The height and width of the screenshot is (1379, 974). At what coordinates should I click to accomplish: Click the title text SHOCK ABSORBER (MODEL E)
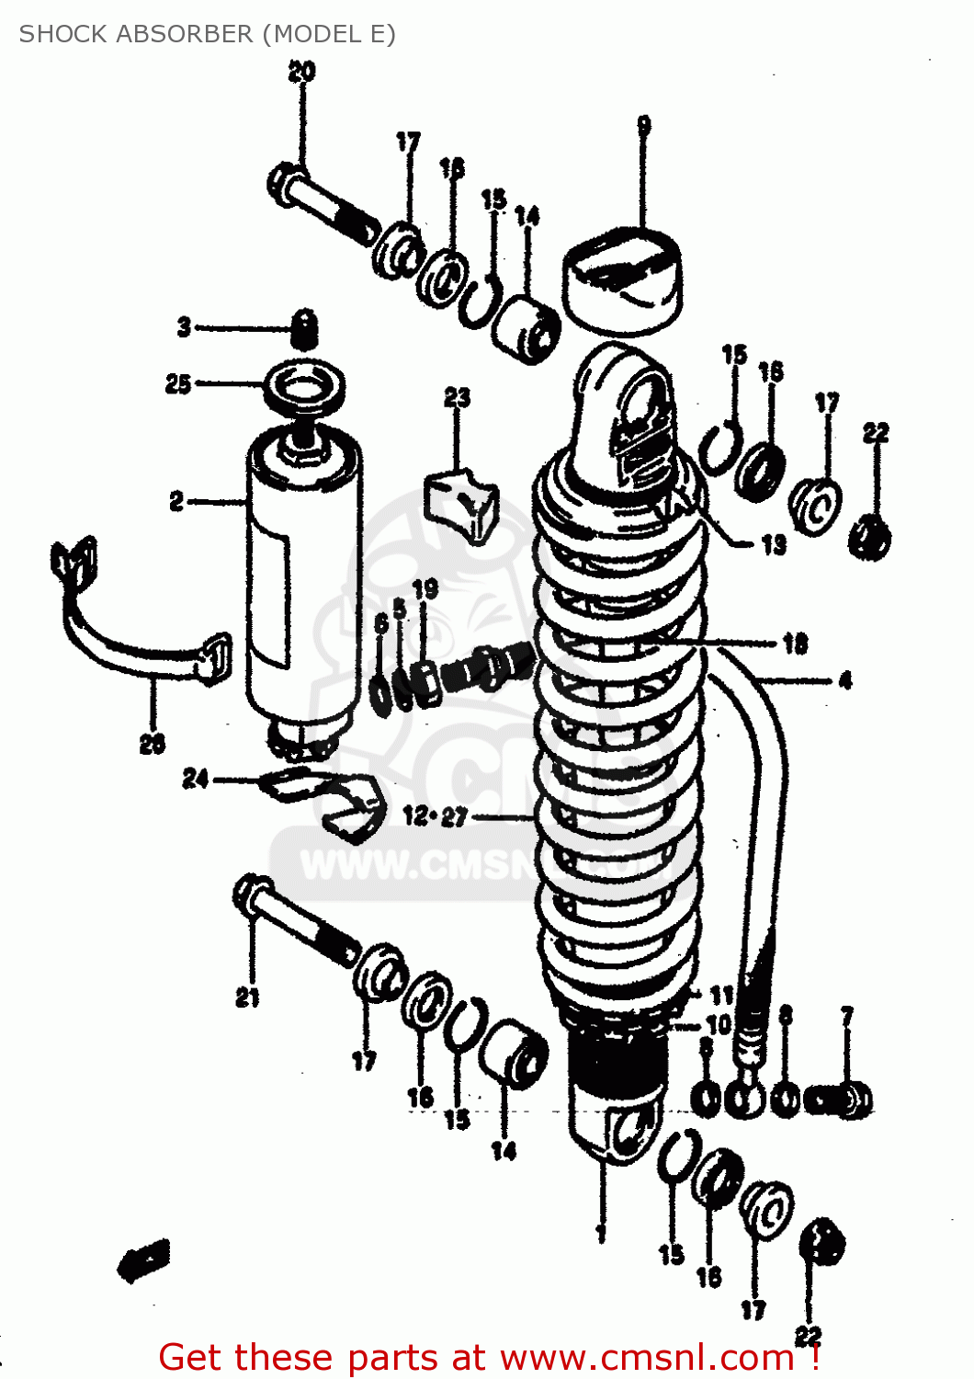pos(207,34)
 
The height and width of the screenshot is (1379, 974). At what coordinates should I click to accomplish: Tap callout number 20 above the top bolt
pos(301,71)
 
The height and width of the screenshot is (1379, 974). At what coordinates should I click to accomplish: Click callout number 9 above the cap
pos(644,125)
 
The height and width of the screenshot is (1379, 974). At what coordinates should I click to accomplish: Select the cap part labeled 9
pos(622,279)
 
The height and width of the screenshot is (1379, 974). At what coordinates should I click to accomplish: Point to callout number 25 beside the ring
pos(178,383)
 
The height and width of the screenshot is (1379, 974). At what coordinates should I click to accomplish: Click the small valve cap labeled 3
pos(304,328)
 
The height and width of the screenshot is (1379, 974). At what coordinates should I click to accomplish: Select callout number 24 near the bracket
pos(196,779)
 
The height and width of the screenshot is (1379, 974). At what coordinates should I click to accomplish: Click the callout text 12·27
pos(436,816)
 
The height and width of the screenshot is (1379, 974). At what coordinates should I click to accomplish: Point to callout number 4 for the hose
pos(844,680)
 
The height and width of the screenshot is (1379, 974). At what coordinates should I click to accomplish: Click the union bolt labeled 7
pos(841,1100)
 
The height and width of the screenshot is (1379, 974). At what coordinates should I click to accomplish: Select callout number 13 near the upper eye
pos(774,544)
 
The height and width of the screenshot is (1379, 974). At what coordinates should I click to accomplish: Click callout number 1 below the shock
pos(601,1232)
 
